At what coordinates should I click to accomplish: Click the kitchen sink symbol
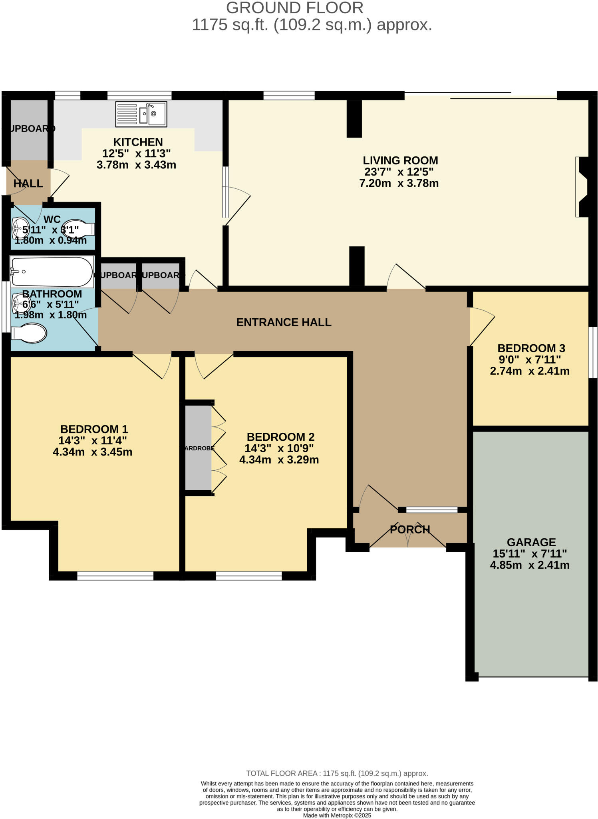[x=141, y=114]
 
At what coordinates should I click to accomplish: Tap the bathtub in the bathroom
[x=52, y=272]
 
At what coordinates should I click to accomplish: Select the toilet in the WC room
[x=79, y=229]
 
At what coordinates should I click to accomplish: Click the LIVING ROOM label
[x=400, y=160]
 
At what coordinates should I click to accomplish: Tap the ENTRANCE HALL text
[x=284, y=322]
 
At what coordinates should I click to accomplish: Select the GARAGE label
[x=531, y=542]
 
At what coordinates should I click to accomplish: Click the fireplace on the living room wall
[x=582, y=187]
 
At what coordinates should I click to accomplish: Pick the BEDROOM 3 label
[x=531, y=348]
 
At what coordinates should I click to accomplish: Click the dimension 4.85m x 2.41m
[x=529, y=565]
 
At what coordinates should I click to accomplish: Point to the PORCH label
[x=410, y=529]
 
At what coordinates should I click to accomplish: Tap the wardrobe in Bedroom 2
[x=198, y=448]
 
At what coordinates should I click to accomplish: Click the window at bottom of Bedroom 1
[x=115, y=576]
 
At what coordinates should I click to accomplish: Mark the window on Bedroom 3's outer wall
[x=594, y=352]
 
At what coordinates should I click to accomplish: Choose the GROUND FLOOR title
[x=295, y=8]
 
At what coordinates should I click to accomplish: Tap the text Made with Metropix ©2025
[x=337, y=815]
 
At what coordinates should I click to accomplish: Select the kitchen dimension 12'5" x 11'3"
[x=136, y=153]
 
